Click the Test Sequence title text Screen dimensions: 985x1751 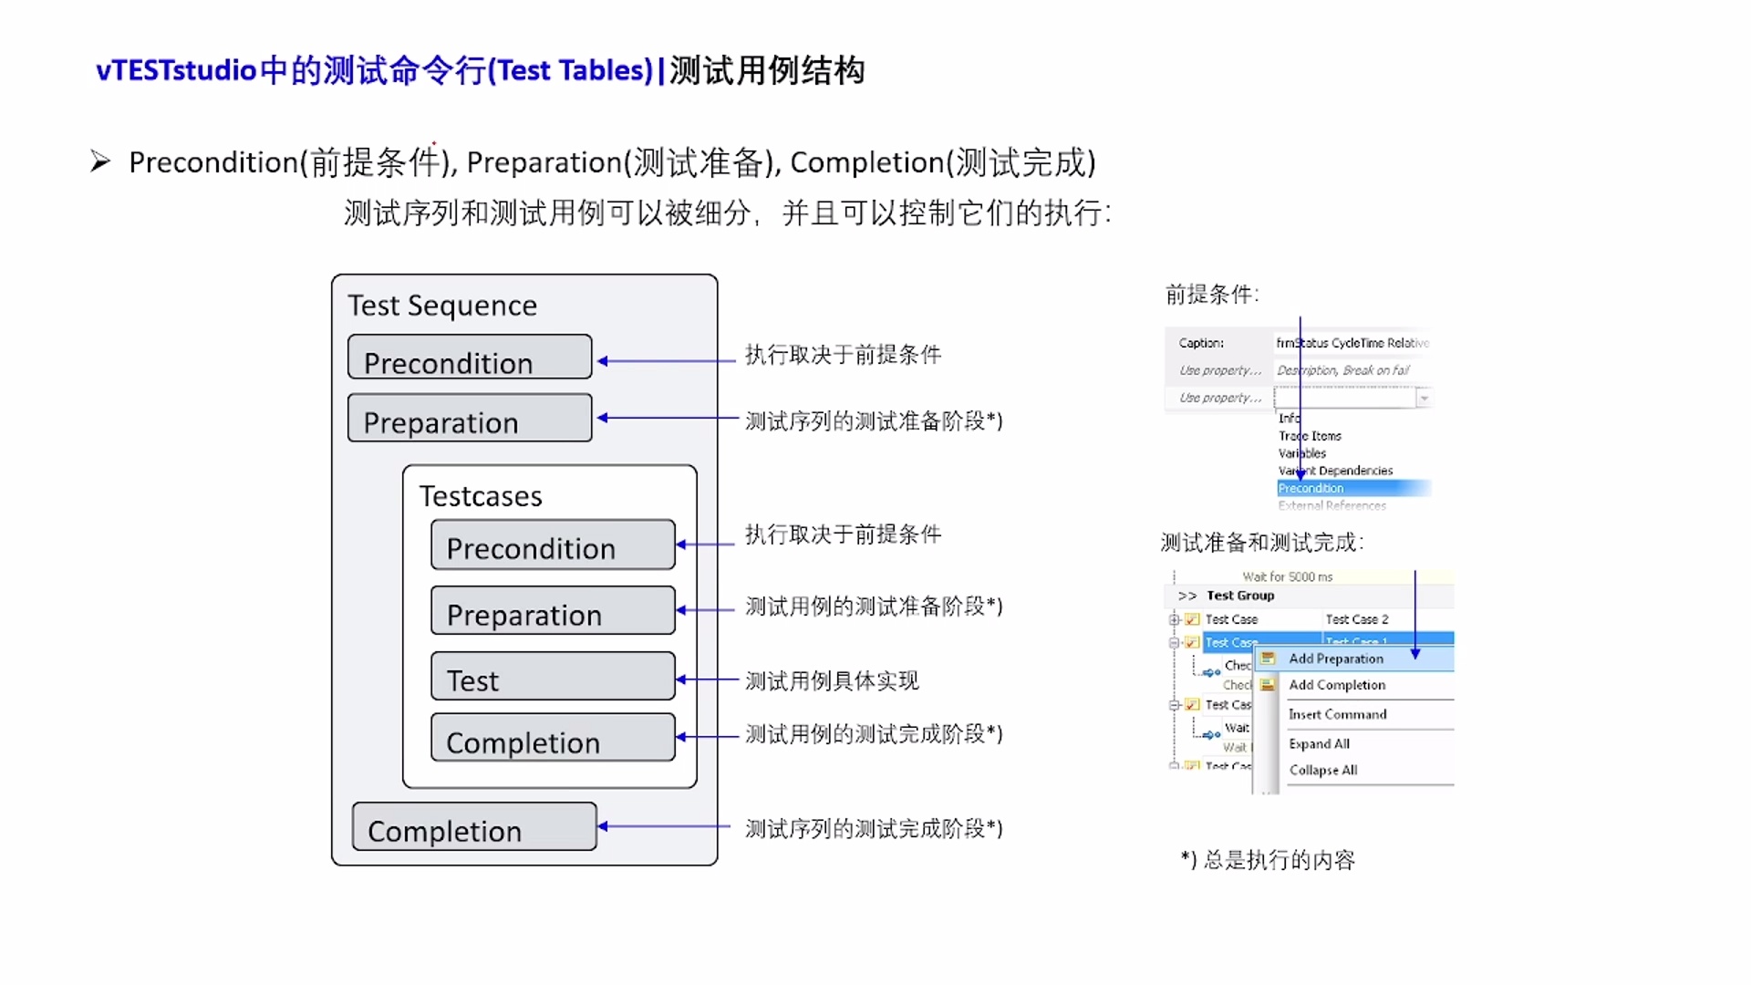pos(441,306)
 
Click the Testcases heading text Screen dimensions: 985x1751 pos(481,496)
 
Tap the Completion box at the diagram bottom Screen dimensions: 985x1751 pos(474,827)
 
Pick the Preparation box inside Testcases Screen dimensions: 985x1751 pos(553,612)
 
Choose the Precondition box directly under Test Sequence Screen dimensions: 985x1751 pos(470,358)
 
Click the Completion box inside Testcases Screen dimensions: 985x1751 pos(553,739)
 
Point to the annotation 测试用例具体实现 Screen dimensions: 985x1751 pos(832,680)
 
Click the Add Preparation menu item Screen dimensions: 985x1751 pos(1335,658)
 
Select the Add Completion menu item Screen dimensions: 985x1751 pos(1336,685)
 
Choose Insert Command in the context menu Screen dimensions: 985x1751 pos(1337,714)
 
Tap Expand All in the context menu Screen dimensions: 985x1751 pos(1319,743)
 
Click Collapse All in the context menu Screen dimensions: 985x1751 pos(1322,770)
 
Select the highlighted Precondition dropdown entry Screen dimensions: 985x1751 pos(1311,488)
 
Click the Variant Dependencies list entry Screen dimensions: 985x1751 pos(1335,471)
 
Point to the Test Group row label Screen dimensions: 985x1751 pos(1239,596)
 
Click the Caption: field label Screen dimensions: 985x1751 pos(1200,343)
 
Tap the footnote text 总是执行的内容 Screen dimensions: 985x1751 pos(1279,860)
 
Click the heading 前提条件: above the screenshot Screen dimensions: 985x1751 pos(1211,295)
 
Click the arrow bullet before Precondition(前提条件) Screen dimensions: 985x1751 pos(100,162)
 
